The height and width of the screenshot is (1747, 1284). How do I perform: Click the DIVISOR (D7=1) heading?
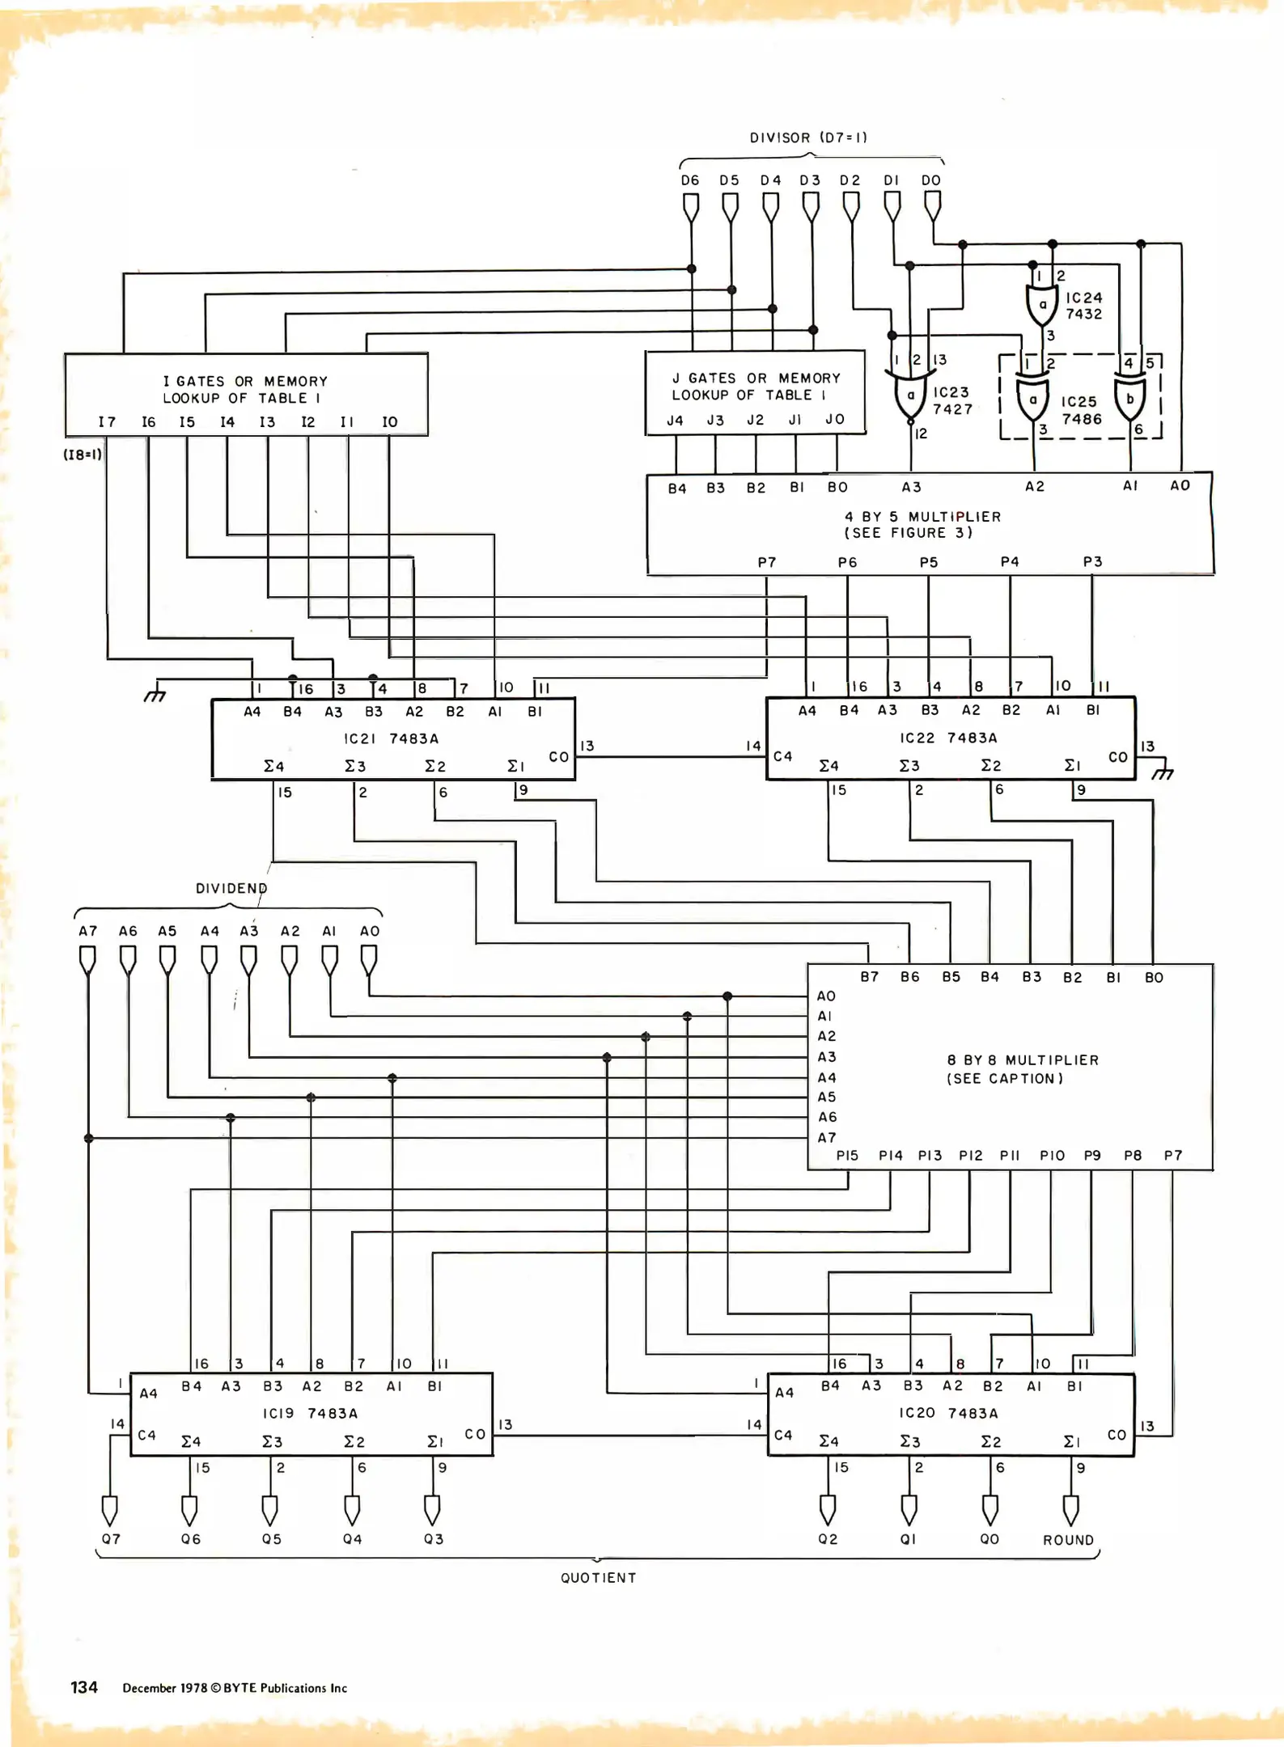[807, 137]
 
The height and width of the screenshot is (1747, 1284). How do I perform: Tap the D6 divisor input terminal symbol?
[691, 208]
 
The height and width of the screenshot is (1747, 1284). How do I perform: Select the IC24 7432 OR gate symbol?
[1042, 305]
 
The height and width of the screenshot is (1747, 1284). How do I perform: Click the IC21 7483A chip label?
[391, 738]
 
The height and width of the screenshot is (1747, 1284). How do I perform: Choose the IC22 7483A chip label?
[948, 738]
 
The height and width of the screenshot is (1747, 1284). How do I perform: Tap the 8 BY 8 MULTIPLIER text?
[1023, 1060]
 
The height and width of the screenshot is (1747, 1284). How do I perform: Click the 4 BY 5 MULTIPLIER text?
[922, 517]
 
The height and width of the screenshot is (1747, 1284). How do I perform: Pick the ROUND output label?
[1068, 1540]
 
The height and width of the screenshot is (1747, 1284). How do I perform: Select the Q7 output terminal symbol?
[110, 1510]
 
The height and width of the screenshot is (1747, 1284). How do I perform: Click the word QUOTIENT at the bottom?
[599, 1578]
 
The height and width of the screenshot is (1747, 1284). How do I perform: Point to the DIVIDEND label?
[231, 888]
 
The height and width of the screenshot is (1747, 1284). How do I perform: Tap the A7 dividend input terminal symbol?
[87, 961]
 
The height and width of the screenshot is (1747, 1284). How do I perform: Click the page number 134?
[84, 1687]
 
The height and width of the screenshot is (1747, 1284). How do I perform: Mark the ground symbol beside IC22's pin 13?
[1163, 772]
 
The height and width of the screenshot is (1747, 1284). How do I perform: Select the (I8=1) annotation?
[83, 455]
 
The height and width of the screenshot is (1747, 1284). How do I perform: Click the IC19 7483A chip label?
[310, 1413]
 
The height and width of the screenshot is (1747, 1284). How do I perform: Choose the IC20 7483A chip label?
[948, 1412]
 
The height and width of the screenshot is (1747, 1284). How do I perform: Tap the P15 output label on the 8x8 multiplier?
[847, 1156]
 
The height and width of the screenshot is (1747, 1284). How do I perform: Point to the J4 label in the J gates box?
[675, 421]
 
